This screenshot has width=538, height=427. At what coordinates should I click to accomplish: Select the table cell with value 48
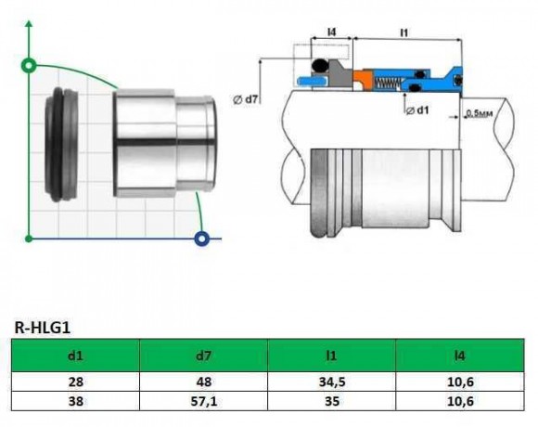tap(203, 381)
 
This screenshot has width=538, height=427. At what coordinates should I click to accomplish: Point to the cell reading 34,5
tap(331, 381)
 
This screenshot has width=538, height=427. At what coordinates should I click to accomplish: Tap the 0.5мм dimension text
tap(480, 114)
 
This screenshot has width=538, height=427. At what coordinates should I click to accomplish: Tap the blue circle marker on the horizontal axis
tap(201, 239)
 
